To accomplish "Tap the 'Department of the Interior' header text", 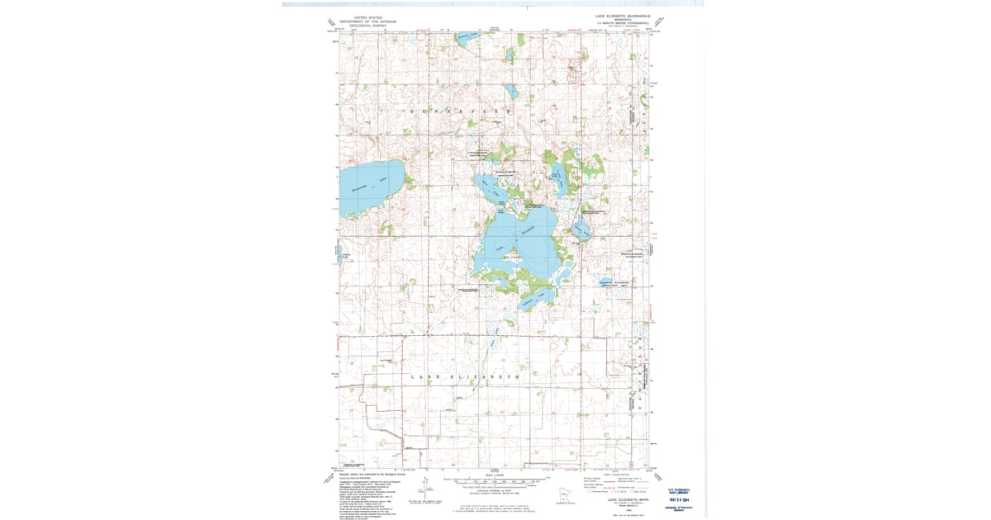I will click(364, 21).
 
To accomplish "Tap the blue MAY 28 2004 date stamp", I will click(680, 499).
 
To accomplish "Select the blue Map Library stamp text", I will click(680, 493).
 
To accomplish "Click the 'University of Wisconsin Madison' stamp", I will click(680, 508).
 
